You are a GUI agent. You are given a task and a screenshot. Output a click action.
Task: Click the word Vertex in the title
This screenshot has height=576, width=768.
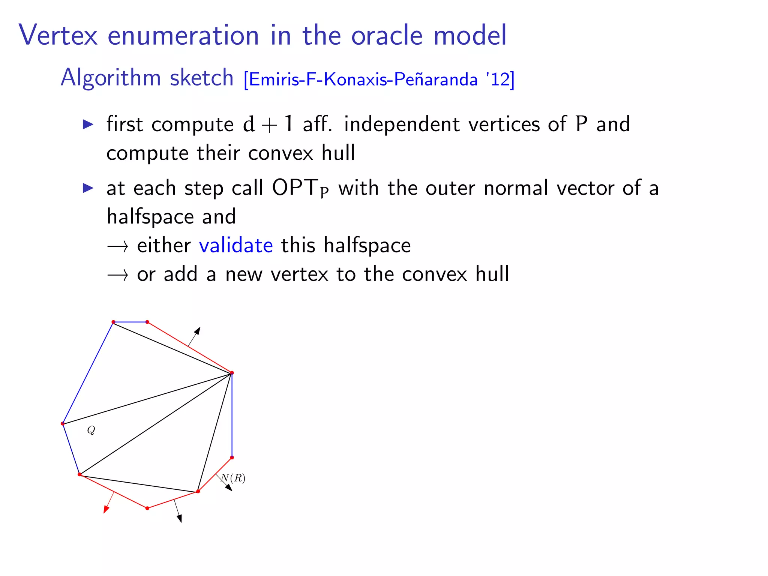click(58, 35)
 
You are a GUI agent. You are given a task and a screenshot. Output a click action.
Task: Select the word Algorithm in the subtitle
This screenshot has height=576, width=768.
click(110, 78)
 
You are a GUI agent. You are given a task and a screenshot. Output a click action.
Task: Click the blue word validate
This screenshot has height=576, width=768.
click(236, 246)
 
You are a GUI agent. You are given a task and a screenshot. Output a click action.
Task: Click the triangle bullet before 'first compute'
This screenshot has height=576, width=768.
click(88, 124)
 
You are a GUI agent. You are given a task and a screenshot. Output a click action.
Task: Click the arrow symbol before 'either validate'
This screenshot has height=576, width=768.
click(117, 246)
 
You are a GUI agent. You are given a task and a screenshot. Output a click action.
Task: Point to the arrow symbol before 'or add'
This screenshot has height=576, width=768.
click(117, 275)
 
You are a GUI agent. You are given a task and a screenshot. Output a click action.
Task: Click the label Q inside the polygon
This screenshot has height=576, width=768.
click(91, 430)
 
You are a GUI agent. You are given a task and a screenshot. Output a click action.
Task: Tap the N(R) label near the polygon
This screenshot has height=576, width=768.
click(233, 478)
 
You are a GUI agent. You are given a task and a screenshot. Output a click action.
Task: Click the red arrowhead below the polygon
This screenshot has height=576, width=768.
click(106, 509)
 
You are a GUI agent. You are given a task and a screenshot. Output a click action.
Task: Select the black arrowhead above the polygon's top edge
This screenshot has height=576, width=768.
click(197, 330)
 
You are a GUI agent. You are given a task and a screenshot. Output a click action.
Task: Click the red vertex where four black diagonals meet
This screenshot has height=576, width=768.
click(232, 373)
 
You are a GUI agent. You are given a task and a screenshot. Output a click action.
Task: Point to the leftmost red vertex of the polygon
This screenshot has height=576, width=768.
click(63, 424)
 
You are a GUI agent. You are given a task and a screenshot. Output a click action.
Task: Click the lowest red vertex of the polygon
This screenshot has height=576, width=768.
click(147, 508)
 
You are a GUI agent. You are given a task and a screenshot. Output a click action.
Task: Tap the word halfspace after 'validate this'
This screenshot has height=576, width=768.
click(367, 246)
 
